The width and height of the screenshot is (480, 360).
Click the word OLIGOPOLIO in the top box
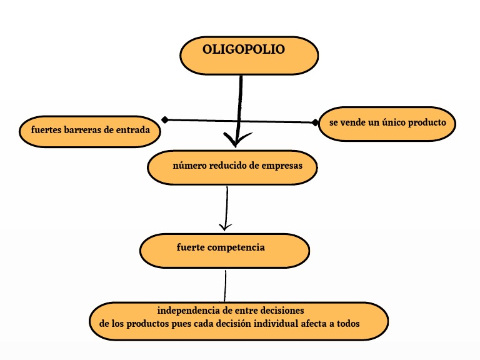click(243, 49)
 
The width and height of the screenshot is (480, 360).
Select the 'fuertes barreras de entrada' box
click(90, 131)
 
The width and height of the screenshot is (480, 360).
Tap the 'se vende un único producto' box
click(387, 123)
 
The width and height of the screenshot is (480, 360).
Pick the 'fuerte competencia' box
click(224, 249)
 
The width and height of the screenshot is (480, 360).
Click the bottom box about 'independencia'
click(239, 321)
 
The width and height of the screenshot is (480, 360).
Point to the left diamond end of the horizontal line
click(165, 119)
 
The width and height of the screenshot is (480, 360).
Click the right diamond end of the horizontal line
click(315, 122)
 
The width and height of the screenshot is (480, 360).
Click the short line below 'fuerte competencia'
click(225, 286)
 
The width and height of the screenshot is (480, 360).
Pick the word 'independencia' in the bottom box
click(187, 310)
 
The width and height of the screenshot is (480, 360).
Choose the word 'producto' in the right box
click(427, 122)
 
